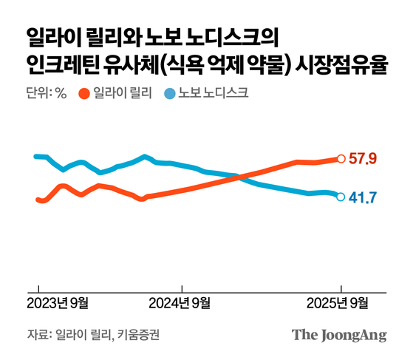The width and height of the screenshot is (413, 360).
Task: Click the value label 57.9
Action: click(363, 158)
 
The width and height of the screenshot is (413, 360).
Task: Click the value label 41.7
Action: click(363, 197)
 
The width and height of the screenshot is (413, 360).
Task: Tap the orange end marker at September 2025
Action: click(341, 158)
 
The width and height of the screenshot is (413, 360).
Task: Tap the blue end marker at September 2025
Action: click(341, 197)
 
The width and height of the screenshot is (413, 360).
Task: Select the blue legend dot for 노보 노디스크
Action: click(169, 94)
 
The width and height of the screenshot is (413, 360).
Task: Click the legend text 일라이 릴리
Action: click(121, 94)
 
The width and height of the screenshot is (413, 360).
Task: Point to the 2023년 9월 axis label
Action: click(58, 302)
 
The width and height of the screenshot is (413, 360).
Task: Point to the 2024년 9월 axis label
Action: click(180, 302)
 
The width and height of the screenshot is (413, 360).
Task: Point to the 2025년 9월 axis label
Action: click(339, 302)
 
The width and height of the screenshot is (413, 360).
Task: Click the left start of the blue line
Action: click(37, 156)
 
